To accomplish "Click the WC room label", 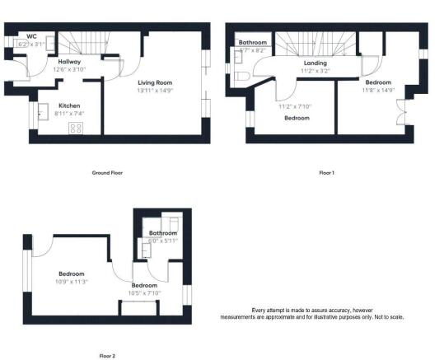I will point(32,36).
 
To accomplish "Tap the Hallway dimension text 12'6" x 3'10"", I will point(69,70).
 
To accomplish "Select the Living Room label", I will point(154,83).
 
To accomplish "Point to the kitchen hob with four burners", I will point(77,128).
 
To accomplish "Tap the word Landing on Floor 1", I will point(315,63).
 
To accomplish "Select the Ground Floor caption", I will point(107,174).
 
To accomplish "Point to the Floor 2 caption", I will point(107,356).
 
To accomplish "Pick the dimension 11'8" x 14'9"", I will point(379,91).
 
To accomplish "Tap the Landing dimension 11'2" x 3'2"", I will point(315,72).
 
